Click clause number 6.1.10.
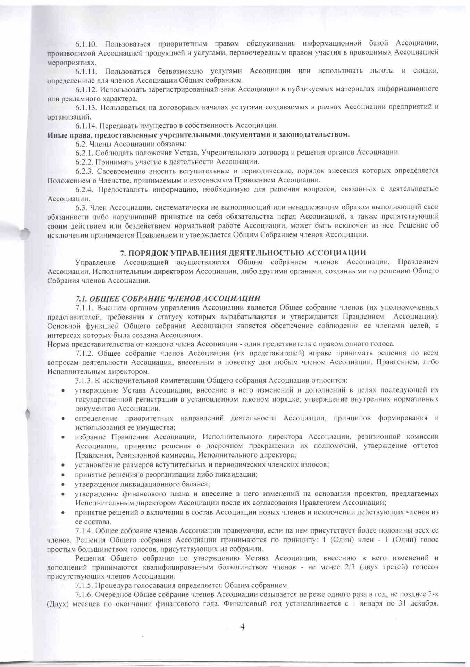[87, 44]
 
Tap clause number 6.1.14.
[87, 125]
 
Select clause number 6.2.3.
[85, 171]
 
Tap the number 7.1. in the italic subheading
[82, 298]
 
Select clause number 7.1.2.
[85, 353]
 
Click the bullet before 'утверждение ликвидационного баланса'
[63, 484]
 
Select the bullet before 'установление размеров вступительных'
[63, 465]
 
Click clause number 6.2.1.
[84, 153]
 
